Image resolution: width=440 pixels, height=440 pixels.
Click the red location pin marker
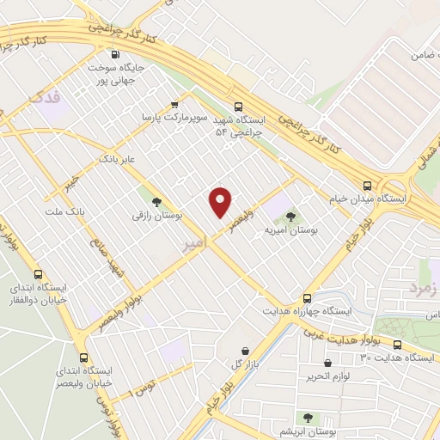tap(221, 202)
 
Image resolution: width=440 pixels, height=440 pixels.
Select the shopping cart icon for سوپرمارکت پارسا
tap(175, 104)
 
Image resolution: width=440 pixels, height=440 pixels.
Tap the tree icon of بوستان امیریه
tap(290, 217)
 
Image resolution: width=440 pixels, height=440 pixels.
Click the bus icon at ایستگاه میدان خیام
tap(368, 186)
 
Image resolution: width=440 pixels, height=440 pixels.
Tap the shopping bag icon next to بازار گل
tap(247, 350)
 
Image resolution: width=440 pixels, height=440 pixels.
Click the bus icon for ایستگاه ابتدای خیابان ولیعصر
tap(83, 357)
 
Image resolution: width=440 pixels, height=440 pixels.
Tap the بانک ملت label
tap(61, 210)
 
